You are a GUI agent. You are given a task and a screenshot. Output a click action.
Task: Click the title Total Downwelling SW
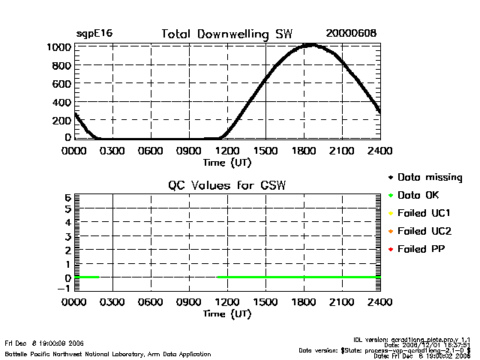tap(227, 34)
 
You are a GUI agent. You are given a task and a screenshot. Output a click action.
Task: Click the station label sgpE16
tap(94, 34)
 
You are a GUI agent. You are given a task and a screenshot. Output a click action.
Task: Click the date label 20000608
tap(351, 34)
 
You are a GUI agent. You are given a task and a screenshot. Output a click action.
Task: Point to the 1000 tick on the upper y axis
tap(61, 46)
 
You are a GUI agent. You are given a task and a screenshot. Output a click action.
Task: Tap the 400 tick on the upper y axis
tap(63, 101)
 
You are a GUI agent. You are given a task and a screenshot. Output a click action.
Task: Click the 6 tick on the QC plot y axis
tap(67, 196)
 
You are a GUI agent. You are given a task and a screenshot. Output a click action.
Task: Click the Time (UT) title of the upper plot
tap(227, 162)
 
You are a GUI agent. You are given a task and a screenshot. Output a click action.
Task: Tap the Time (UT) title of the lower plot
tap(227, 313)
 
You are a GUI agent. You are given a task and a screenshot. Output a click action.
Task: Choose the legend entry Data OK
tap(419, 195)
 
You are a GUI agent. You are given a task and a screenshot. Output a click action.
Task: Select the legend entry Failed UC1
tap(424, 213)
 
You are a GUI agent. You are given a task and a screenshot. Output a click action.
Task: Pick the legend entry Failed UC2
tap(424, 231)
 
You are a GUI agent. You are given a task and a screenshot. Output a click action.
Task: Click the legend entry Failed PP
tap(422, 248)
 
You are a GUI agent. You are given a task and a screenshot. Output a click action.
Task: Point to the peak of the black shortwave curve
tap(310, 45)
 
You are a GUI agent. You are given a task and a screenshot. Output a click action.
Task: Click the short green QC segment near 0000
tap(87, 277)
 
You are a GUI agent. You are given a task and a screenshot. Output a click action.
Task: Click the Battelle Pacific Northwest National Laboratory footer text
tap(108, 354)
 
